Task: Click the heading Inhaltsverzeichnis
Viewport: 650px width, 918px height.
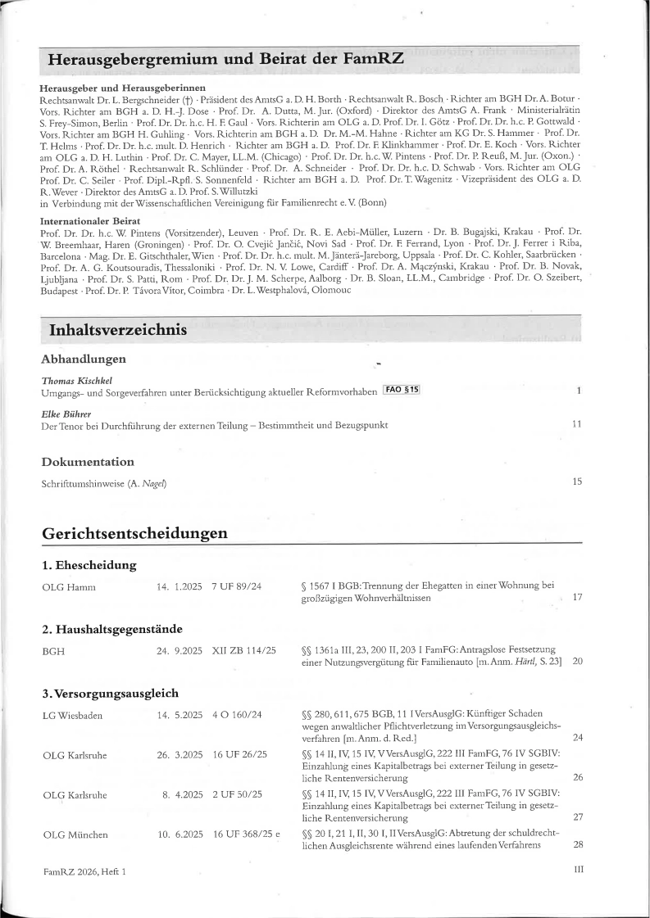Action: point(116,331)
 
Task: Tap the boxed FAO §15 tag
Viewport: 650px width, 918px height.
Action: point(401,390)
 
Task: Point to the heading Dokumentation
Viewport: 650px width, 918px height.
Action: point(88,462)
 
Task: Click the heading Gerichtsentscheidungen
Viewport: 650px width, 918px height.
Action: point(134,533)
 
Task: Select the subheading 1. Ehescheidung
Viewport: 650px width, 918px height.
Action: point(89,566)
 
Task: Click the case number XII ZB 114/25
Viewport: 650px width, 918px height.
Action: point(243,650)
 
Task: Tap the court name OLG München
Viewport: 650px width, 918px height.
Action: point(75,834)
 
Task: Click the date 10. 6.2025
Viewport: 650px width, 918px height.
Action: point(179,834)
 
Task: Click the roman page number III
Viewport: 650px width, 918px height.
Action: point(578,870)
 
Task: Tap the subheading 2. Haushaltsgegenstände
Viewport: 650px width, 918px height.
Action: point(111,630)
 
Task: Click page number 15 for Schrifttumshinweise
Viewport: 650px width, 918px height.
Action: point(577,482)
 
